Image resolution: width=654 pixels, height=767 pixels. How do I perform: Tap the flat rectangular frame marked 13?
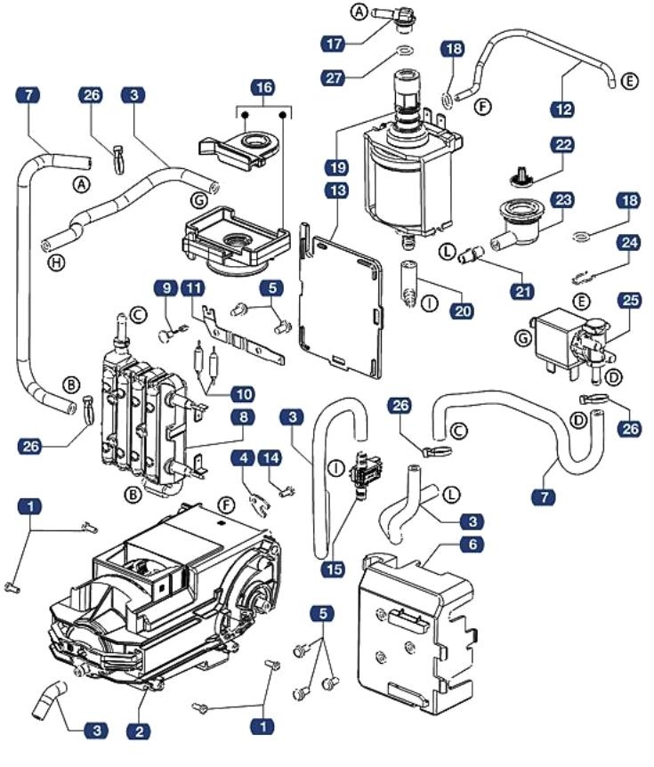[x=342, y=294]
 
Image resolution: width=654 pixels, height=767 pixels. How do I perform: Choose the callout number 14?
[x=271, y=458]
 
